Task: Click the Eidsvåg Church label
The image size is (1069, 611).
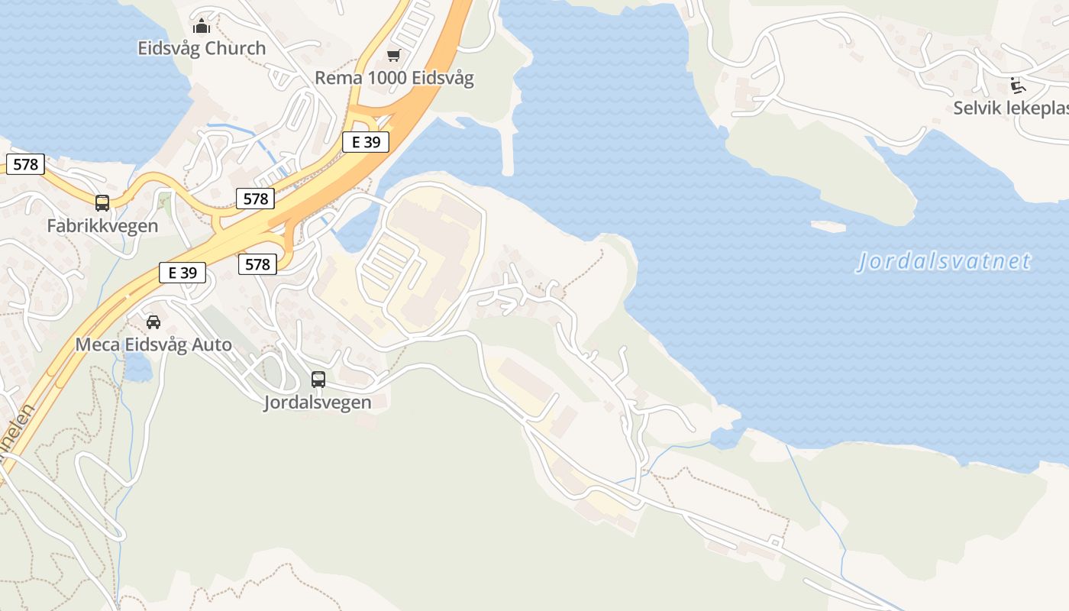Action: click(x=202, y=48)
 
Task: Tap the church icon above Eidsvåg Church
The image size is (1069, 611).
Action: click(x=202, y=27)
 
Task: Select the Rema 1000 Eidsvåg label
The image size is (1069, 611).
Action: click(x=394, y=78)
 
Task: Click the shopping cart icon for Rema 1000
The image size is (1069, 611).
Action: click(x=393, y=55)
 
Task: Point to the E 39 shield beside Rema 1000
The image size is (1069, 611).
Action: click(x=365, y=141)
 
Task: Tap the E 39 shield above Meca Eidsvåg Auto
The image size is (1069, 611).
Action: click(x=182, y=272)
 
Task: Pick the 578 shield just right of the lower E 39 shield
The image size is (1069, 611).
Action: click(x=257, y=264)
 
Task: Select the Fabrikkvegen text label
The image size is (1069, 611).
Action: click(x=102, y=226)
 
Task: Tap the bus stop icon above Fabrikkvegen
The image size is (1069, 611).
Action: click(x=102, y=203)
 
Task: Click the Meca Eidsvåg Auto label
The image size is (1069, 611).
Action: click(x=153, y=345)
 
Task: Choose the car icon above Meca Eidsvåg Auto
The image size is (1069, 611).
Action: click(x=153, y=322)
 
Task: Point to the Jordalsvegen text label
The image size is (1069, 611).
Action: click(x=318, y=402)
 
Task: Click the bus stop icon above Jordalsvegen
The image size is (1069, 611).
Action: click(x=318, y=379)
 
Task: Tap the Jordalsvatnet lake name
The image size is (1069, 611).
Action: click(x=944, y=262)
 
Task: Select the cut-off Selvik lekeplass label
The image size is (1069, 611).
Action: click(x=1010, y=108)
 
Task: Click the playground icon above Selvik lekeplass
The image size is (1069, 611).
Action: click(x=1017, y=85)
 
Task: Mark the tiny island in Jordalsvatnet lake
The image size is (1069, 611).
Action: click(x=828, y=226)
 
